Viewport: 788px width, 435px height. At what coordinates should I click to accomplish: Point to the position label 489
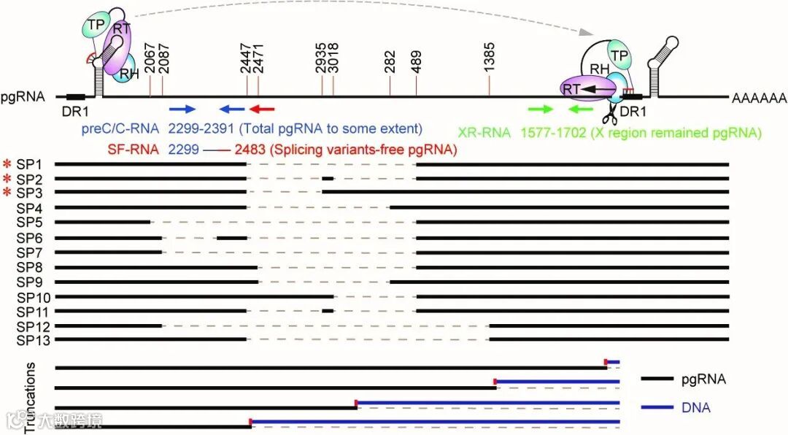[x=416, y=62]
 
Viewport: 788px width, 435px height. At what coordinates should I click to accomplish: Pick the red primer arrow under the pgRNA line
[x=262, y=109]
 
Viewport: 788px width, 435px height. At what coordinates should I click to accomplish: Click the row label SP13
[x=32, y=339]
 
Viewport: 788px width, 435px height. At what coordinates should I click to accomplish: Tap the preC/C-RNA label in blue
[x=120, y=129]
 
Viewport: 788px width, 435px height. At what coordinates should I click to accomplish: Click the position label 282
[x=390, y=62]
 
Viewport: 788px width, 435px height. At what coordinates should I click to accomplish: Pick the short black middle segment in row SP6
[x=231, y=237]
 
